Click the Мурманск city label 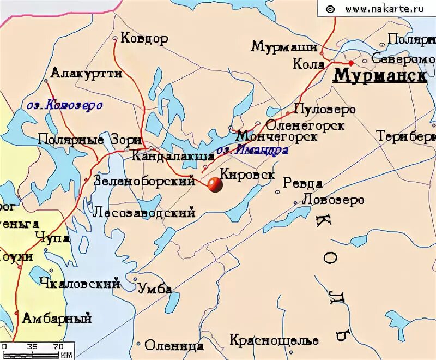point(379,75)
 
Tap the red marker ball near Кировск point(215,185)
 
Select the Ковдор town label point(144,39)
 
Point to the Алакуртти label point(86,74)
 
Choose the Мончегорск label point(277,137)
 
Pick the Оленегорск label point(305,125)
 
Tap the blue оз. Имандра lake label point(252,151)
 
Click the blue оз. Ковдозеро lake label point(64,105)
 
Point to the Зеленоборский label point(144,181)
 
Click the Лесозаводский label point(144,212)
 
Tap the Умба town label point(155,289)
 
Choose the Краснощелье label point(274,340)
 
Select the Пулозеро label point(324,109)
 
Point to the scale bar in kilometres point(36,351)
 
